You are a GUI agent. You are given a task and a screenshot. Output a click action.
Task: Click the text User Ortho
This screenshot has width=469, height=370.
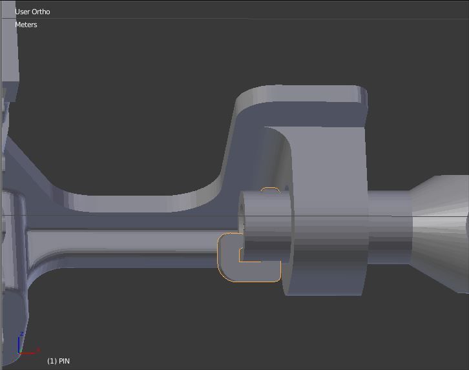32,12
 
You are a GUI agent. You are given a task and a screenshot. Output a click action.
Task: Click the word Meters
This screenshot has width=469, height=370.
26,25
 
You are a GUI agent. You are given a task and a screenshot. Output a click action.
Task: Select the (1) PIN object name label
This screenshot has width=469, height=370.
58,361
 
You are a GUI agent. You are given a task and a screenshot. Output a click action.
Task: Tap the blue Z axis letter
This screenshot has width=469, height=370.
22,334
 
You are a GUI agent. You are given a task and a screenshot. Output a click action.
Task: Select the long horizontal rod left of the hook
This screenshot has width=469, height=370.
129,242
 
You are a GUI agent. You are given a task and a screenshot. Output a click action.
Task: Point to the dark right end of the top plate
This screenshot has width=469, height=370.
362,107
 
